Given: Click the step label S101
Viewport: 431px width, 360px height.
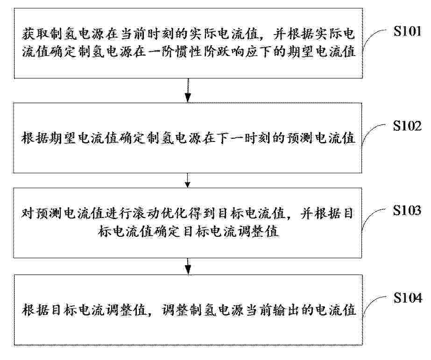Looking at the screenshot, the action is click(407, 31).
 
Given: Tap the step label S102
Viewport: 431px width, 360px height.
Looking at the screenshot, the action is click(407, 126).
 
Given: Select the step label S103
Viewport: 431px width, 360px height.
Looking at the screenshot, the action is click(407, 210).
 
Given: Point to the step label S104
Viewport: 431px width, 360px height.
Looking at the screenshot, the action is click(408, 298).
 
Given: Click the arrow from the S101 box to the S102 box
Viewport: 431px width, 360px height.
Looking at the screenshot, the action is click(188, 91).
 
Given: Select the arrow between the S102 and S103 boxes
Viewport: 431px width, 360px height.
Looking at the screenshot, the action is click(187, 180).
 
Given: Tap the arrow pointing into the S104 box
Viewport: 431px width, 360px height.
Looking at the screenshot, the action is click(188, 266).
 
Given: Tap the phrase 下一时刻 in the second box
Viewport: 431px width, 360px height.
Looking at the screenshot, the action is click(244, 138).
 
